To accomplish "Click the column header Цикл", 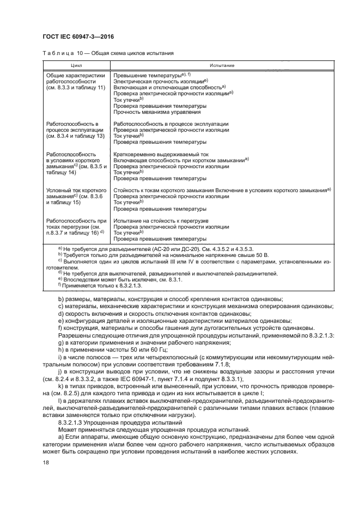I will pos(76,65).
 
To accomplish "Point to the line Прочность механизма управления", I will pos(157,112).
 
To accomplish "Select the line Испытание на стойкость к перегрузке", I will pos(157,220).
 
